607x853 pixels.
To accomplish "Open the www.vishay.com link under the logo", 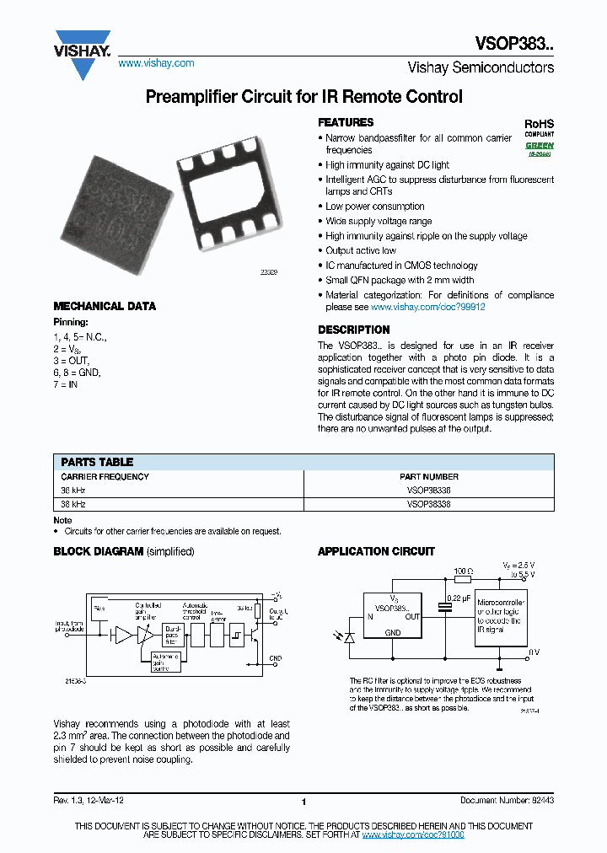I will pos(156,63).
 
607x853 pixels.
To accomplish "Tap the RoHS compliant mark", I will pos(540,126).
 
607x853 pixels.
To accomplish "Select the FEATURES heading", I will pos(346,123).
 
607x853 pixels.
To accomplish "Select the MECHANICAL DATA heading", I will pos(105,307).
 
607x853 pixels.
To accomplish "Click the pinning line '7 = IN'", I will pos(67,384).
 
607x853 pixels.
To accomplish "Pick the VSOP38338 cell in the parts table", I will pos(428,504).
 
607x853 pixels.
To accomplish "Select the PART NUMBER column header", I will pos(429,477).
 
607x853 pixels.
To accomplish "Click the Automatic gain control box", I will pos(164,662).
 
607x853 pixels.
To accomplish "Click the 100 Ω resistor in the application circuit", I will pos(462,579).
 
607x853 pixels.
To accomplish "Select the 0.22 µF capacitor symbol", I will pos(444,609).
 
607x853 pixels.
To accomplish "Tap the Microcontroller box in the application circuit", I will pos(501,616).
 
